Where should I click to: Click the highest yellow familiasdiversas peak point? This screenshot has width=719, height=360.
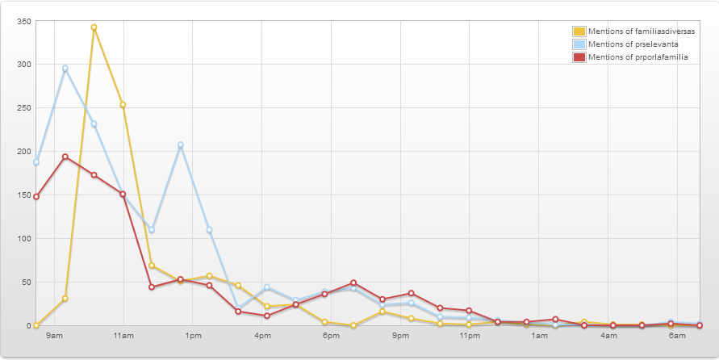tap(94, 27)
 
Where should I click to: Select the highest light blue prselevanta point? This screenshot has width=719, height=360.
tap(65, 69)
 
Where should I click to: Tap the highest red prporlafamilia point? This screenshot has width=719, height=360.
tap(65, 157)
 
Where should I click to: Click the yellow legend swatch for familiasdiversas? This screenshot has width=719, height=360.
tap(579, 31)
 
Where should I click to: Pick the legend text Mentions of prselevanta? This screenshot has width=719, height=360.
tap(633, 44)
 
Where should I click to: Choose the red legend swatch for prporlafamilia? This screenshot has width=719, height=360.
tap(579, 57)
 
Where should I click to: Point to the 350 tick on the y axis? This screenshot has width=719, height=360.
tap(24, 21)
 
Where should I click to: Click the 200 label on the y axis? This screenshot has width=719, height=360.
tap(24, 151)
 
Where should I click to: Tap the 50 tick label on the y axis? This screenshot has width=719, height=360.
tap(26, 282)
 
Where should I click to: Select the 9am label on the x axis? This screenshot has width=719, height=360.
tap(54, 336)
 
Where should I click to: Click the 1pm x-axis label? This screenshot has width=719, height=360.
tap(193, 336)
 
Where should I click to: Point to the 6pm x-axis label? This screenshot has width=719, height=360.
tap(331, 336)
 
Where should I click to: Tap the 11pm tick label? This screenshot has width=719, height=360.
tap(470, 336)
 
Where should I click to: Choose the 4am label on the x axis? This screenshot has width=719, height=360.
tap(608, 336)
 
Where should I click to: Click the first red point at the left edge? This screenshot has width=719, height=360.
tap(36, 197)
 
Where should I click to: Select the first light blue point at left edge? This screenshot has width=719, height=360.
tap(36, 162)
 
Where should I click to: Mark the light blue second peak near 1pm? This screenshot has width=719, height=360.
tap(181, 145)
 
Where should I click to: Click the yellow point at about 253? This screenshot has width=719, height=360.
tap(123, 105)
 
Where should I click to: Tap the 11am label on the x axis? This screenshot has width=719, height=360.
tap(123, 336)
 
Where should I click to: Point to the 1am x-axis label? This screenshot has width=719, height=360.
tap(539, 336)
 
